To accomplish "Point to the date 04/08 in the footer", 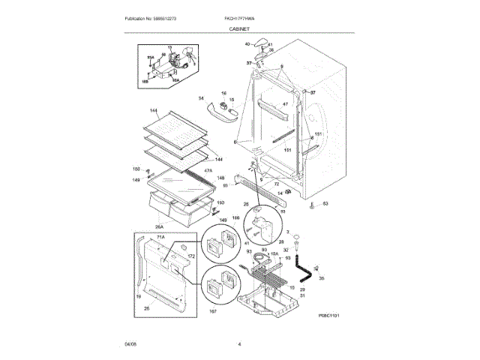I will click(130, 344).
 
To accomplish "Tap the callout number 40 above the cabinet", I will click(246, 44).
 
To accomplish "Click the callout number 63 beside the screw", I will click(325, 203).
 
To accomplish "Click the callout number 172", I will click(190, 257).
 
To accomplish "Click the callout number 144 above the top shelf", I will click(154, 110).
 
